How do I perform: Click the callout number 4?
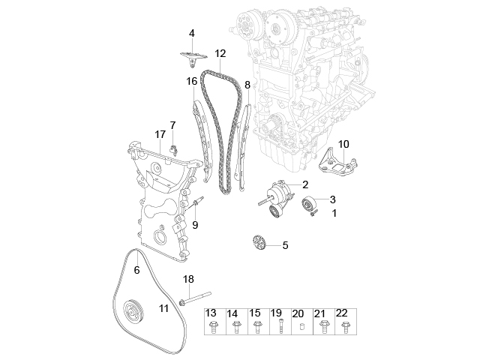pos(191,33)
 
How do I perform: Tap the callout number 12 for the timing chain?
pos(220,53)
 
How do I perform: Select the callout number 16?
pos(192,81)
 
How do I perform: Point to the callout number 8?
pos(247,85)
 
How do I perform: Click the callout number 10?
pos(344,143)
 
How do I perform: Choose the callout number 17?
pos(160,134)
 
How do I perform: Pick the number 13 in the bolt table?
pos(211,313)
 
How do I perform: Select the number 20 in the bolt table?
pos(298,313)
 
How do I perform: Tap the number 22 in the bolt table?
pos(342,313)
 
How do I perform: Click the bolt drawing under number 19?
pos(277,328)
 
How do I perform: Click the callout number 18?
pos(188,279)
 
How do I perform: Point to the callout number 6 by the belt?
pos(137,269)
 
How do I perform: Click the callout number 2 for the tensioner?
pos(305,184)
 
